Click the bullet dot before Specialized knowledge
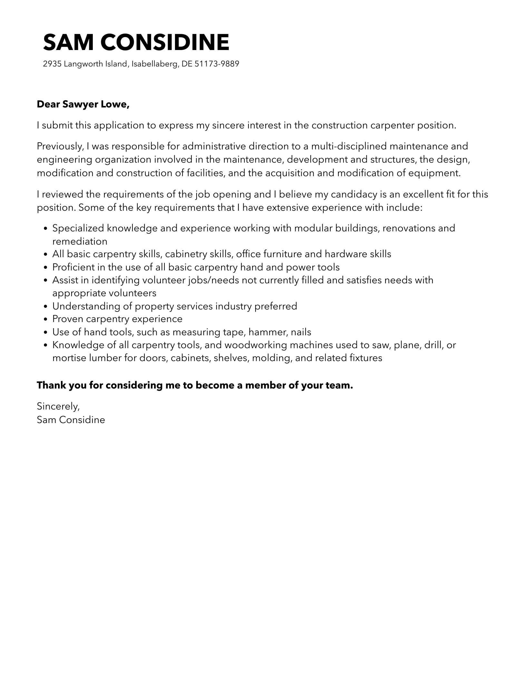pos(45,229)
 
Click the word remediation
pos(80,241)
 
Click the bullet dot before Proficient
pos(45,268)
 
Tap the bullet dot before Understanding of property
pos(45,307)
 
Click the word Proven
pos(68,319)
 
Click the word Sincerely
pos(58,406)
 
